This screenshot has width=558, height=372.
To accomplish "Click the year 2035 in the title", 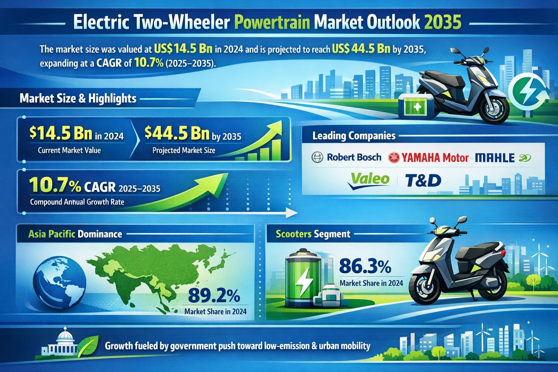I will [x=442, y=22].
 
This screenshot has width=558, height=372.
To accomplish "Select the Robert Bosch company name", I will [x=354, y=157].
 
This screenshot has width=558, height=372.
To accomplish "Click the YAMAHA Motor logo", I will [x=429, y=158].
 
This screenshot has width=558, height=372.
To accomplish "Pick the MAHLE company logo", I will [x=495, y=158].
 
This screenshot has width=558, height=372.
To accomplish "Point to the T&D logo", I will [x=422, y=180].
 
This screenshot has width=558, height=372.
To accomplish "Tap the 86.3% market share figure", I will [x=365, y=267].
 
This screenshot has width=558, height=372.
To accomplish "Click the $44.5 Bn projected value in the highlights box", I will [x=177, y=133].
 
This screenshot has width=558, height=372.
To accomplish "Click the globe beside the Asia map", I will [x=59, y=278].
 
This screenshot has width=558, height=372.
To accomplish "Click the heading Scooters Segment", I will [x=313, y=234].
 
